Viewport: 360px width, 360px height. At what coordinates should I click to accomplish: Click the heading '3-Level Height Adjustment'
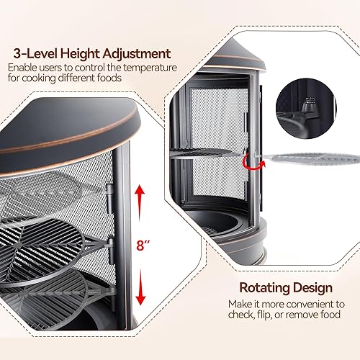(x=89, y=53)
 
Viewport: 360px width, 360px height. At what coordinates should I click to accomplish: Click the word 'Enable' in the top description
(x=22, y=68)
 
